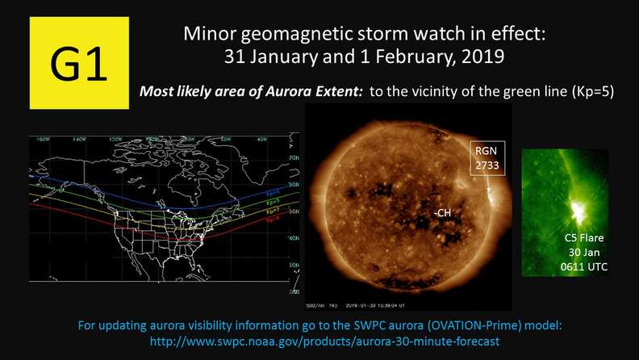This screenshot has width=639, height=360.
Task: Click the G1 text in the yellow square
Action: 78,64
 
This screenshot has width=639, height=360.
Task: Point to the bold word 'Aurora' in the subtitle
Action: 279,92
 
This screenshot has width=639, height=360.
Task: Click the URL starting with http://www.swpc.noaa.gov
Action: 319,341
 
